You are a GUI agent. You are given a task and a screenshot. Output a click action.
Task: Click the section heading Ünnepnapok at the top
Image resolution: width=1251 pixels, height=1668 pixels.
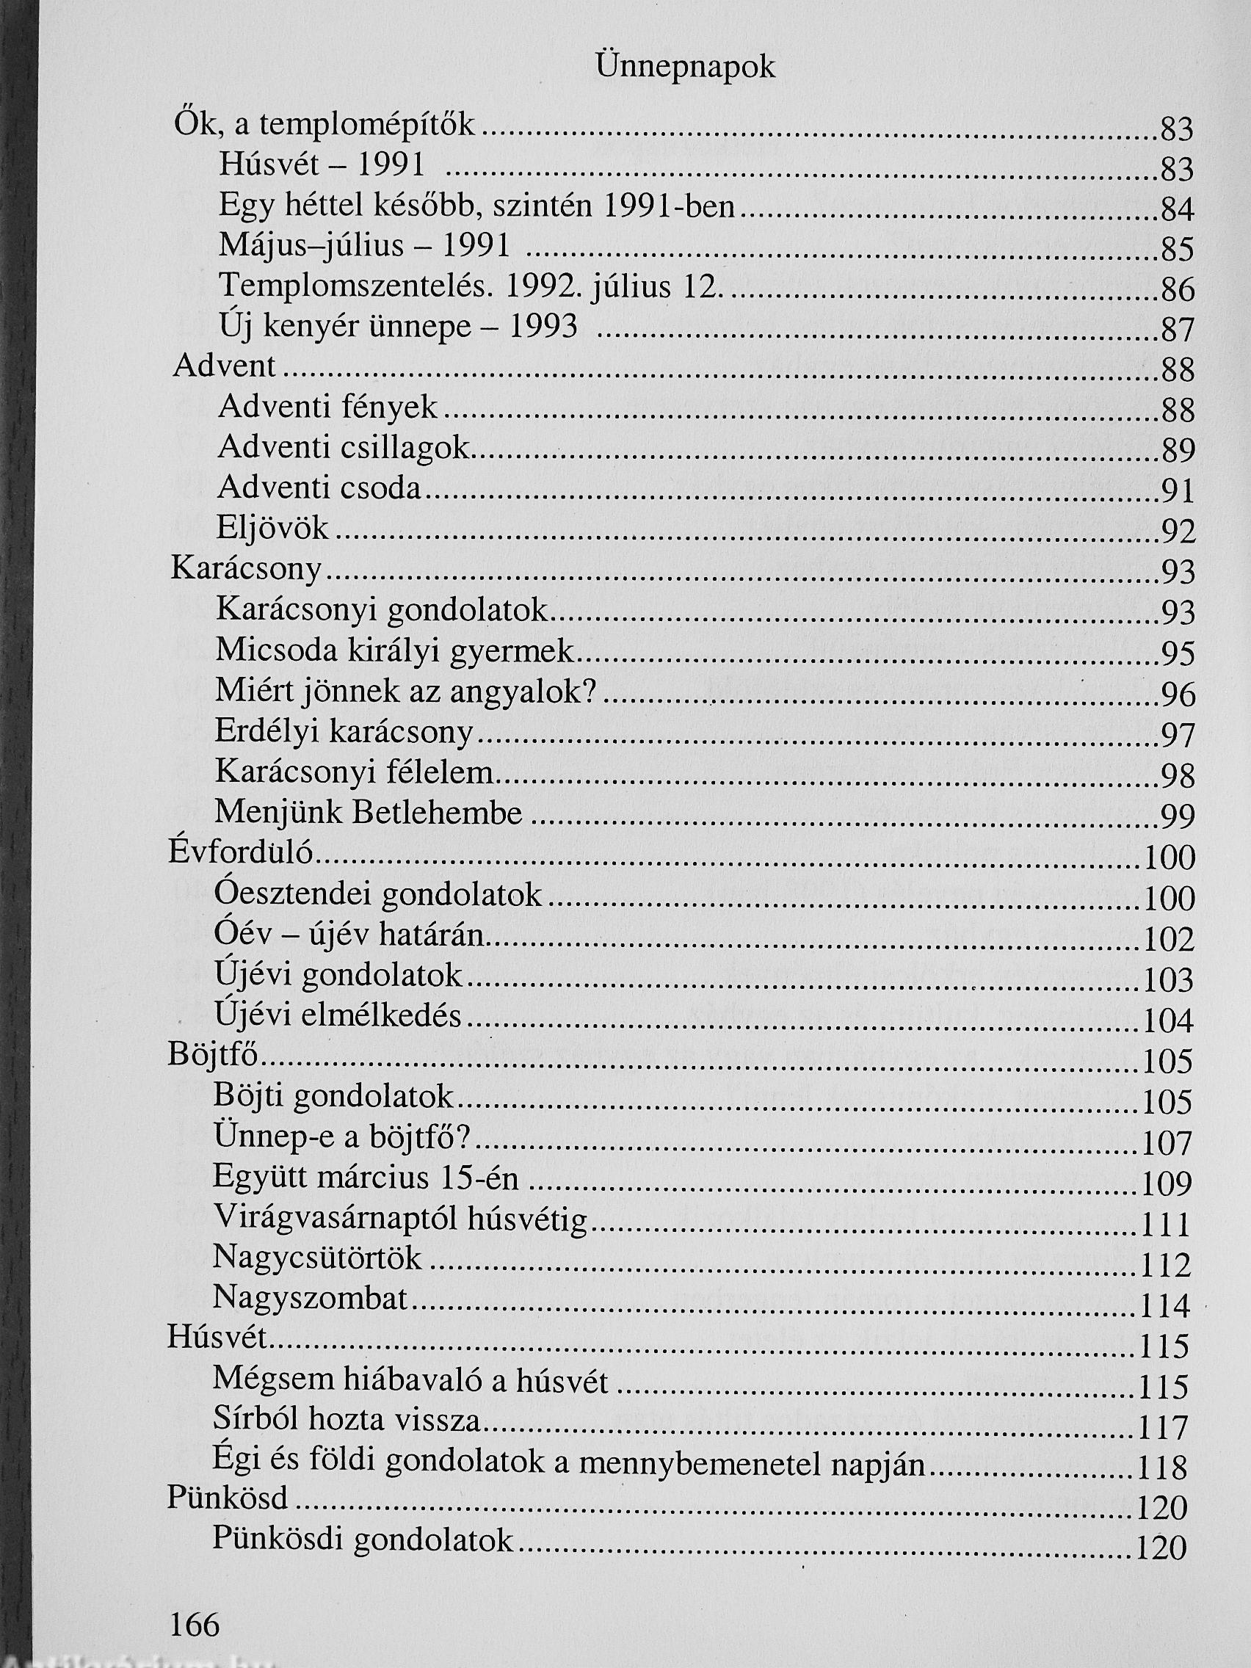coord(685,68)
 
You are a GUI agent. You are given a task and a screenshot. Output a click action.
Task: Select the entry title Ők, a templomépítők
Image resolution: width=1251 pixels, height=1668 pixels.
coord(325,124)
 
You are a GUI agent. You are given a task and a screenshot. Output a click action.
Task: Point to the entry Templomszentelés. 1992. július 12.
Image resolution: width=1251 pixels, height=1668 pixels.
coord(471,286)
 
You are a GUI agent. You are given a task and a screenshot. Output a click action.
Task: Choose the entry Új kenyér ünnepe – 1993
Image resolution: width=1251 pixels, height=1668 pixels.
coord(397,327)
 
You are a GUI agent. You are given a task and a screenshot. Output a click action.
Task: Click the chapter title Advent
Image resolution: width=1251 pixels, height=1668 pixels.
coord(224,366)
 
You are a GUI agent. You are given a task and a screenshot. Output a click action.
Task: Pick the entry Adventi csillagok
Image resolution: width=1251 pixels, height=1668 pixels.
coord(343,448)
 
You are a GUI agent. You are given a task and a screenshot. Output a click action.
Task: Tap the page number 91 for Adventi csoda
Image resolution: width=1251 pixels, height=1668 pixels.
coord(1177,492)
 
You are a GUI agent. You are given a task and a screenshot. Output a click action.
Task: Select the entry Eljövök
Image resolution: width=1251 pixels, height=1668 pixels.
coord(273,529)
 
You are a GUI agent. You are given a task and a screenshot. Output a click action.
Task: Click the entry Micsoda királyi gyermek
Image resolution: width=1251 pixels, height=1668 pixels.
coord(394,650)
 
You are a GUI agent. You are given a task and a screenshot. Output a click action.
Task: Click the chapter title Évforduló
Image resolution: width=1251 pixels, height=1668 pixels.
coord(241,853)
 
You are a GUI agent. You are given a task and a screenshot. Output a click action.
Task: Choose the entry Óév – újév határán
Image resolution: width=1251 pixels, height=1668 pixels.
coord(349,935)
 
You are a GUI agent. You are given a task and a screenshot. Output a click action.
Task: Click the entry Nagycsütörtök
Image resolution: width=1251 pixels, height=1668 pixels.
coord(317,1258)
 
